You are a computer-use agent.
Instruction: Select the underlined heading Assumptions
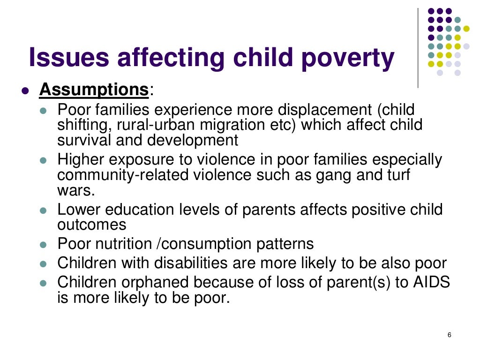click(x=94, y=89)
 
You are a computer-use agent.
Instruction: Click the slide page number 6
click(x=450, y=335)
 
